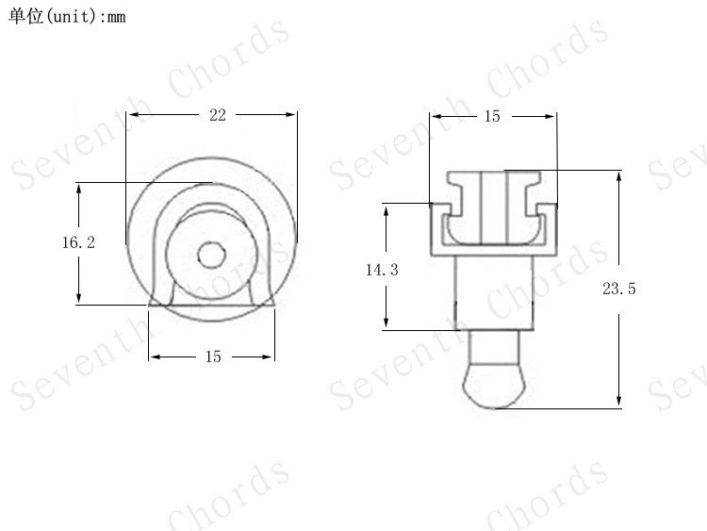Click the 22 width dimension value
(218, 115)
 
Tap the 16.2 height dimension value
(78, 242)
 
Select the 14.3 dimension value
(382, 270)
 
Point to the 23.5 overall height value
(619, 289)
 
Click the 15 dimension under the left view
(213, 357)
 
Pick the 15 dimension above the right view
(492, 116)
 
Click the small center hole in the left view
(211, 255)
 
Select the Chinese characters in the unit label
(25, 16)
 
